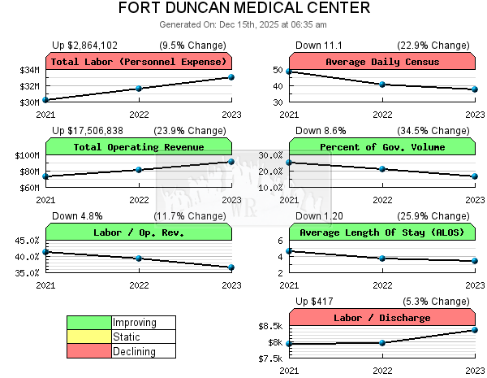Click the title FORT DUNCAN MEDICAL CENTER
tap(243, 9)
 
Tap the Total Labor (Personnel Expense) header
tap(139, 62)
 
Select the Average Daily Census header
tap(382, 62)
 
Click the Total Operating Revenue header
tap(139, 147)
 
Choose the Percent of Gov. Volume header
tap(382, 147)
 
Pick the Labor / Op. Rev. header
tap(139, 232)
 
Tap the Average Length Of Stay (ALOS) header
tap(382, 232)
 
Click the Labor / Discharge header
tap(382, 318)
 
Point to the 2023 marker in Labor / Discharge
tap(475, 330)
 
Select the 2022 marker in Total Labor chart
tap(139, 89)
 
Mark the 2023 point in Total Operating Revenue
tap(231, 162)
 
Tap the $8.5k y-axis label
tap(269, 326)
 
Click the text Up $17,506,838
tap(88, 130)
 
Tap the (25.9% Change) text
tap(433, 215)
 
